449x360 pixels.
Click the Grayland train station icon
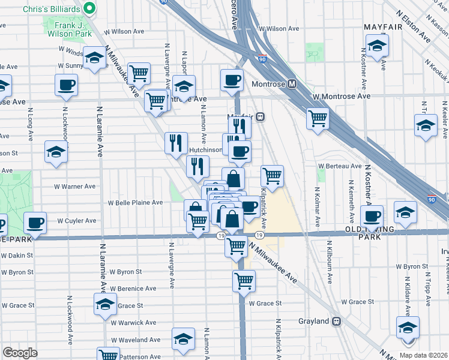tap(336, 321)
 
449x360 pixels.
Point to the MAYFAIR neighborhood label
tap(384, 27)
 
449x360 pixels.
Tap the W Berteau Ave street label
tap(340, 166)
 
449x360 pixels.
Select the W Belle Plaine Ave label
tap(135, 203)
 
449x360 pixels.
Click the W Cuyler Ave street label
tap(77, 221)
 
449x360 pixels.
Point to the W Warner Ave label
tap(75, 187)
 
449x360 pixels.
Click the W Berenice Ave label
tap(133, 289)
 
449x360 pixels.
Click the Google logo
tap(20, 353)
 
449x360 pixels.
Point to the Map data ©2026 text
tap(423, 355)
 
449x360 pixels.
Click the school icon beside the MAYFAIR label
tap(377, 46)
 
